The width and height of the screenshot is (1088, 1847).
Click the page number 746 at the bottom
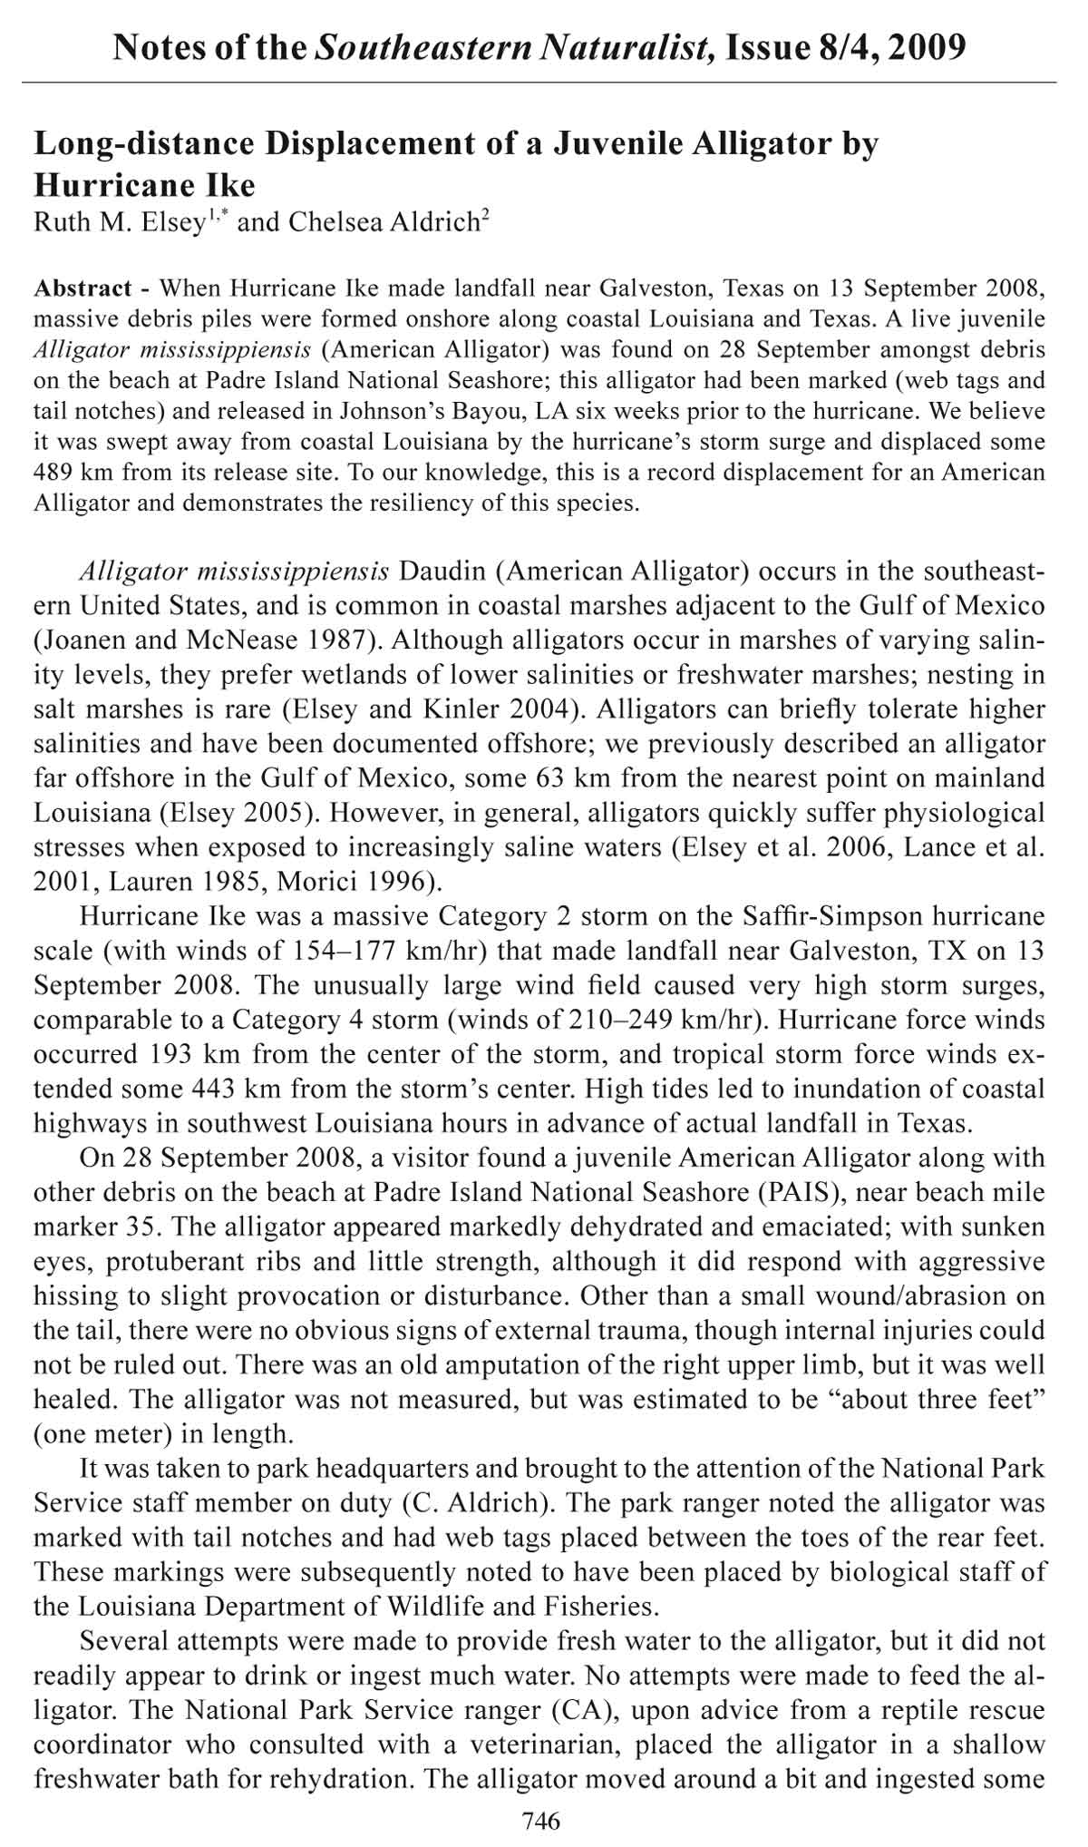click(542, 1820)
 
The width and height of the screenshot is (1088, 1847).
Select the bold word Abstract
click(82, 289)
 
